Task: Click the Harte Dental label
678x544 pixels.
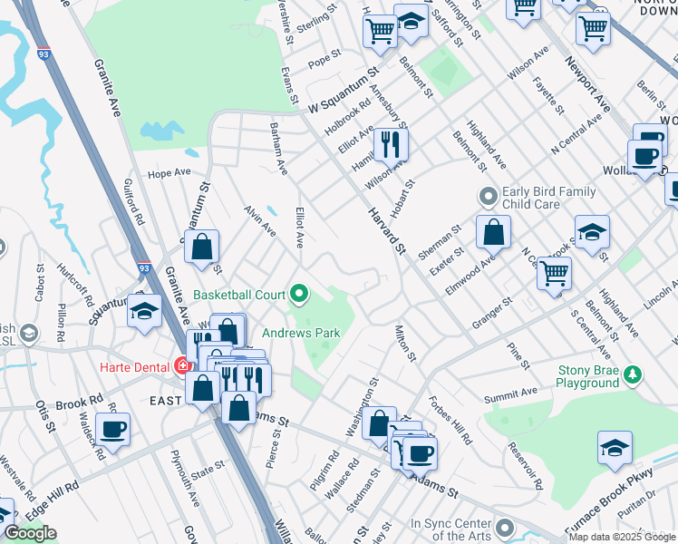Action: (x=133, y=366)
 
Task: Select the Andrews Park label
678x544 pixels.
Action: (x=302, y=333)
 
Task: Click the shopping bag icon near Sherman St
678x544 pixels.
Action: (x=492, y=233)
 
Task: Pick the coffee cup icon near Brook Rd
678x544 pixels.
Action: (x=112, y=430)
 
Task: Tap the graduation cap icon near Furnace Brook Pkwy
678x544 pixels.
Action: (x=615, y=448)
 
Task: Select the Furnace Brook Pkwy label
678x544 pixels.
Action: (x=609, y=513)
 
